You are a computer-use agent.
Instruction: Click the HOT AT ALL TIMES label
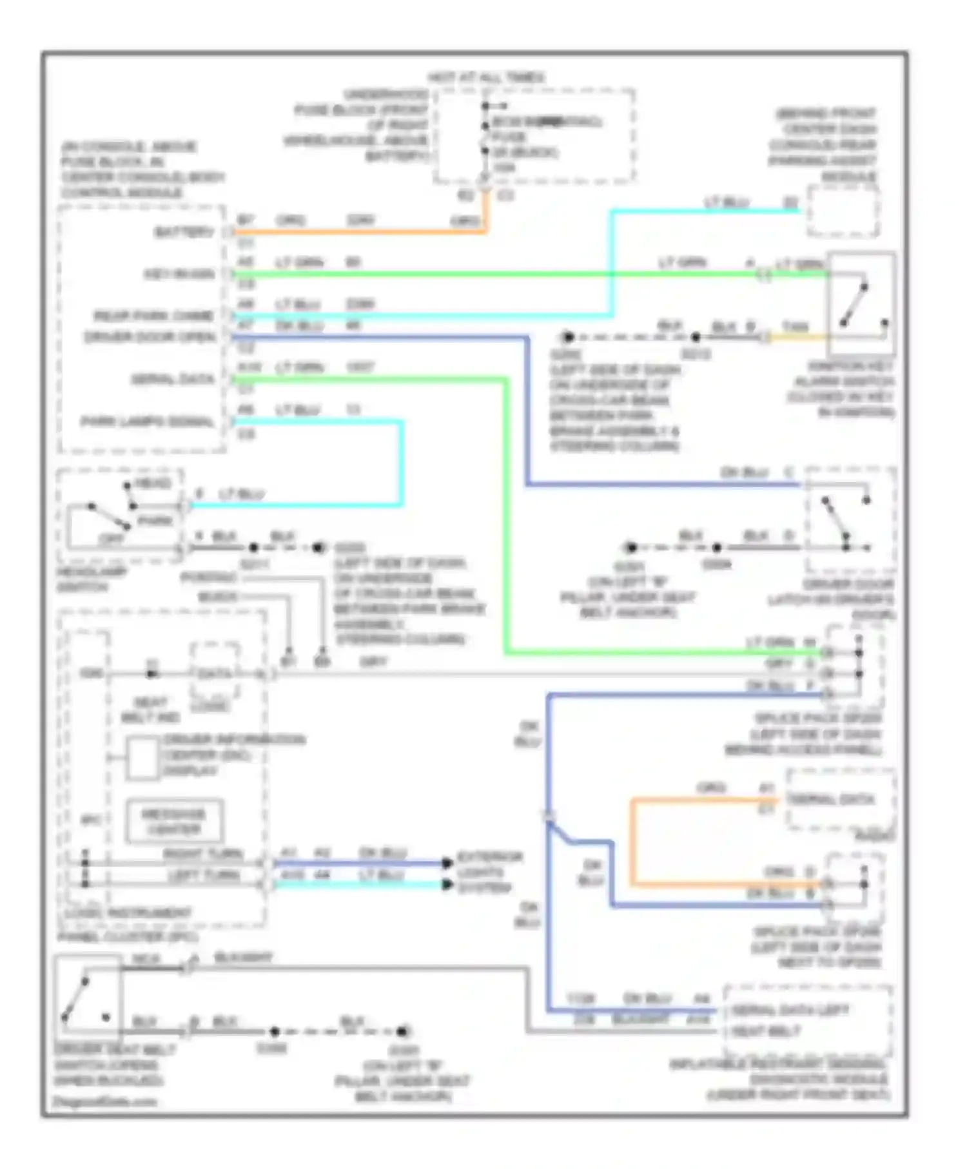coord(487,77)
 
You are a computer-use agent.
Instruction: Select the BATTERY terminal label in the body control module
coord(183,232)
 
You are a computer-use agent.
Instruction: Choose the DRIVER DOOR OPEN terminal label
coord(150,337)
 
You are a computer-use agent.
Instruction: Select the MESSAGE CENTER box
coord(174,821)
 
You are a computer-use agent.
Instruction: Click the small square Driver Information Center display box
coord(142,758)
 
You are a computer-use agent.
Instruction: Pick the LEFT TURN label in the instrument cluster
coord(203,875)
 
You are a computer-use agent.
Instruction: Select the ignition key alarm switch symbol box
coord(861,304)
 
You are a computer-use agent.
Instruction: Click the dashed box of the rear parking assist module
coord(843,211)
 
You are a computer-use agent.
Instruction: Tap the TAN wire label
coord(795,327)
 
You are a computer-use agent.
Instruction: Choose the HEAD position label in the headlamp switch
coord(153,483)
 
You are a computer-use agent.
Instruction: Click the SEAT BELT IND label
coord(150,710)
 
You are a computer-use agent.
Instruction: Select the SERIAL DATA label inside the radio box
coord(831,800)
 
